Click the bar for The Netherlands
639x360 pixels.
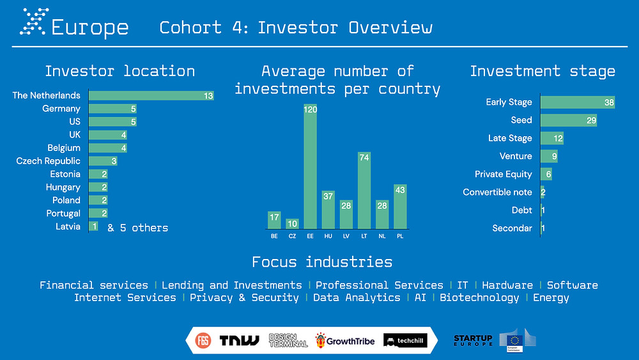[x=151, y=95]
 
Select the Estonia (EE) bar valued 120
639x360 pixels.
[x=310, y=166]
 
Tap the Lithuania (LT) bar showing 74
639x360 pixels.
[x=364, y=191]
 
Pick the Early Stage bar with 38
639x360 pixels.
[x=578, y=102]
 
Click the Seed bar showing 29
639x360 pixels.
[x=569, y=120]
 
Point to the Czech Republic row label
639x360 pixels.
[x=48, y=161]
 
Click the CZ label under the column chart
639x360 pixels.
[x=292, y=236]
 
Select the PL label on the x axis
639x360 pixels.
[x=400, y=236]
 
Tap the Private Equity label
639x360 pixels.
[x=504, y=175]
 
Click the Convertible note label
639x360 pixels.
[x=497, y=192]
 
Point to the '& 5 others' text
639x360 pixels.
[x=138, y=228]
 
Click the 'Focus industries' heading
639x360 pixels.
[x=322, y=262]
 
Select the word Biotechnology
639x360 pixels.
[x=479, y=297]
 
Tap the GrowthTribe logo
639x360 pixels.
[x=345, y=340]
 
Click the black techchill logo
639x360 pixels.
[x=405, y=340]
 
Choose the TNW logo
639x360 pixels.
[x=239, y=340]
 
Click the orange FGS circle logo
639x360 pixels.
[x=203, y=340]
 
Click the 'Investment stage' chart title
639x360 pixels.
[x=543, y=72]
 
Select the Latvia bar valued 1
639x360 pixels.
[x=93, y=226]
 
